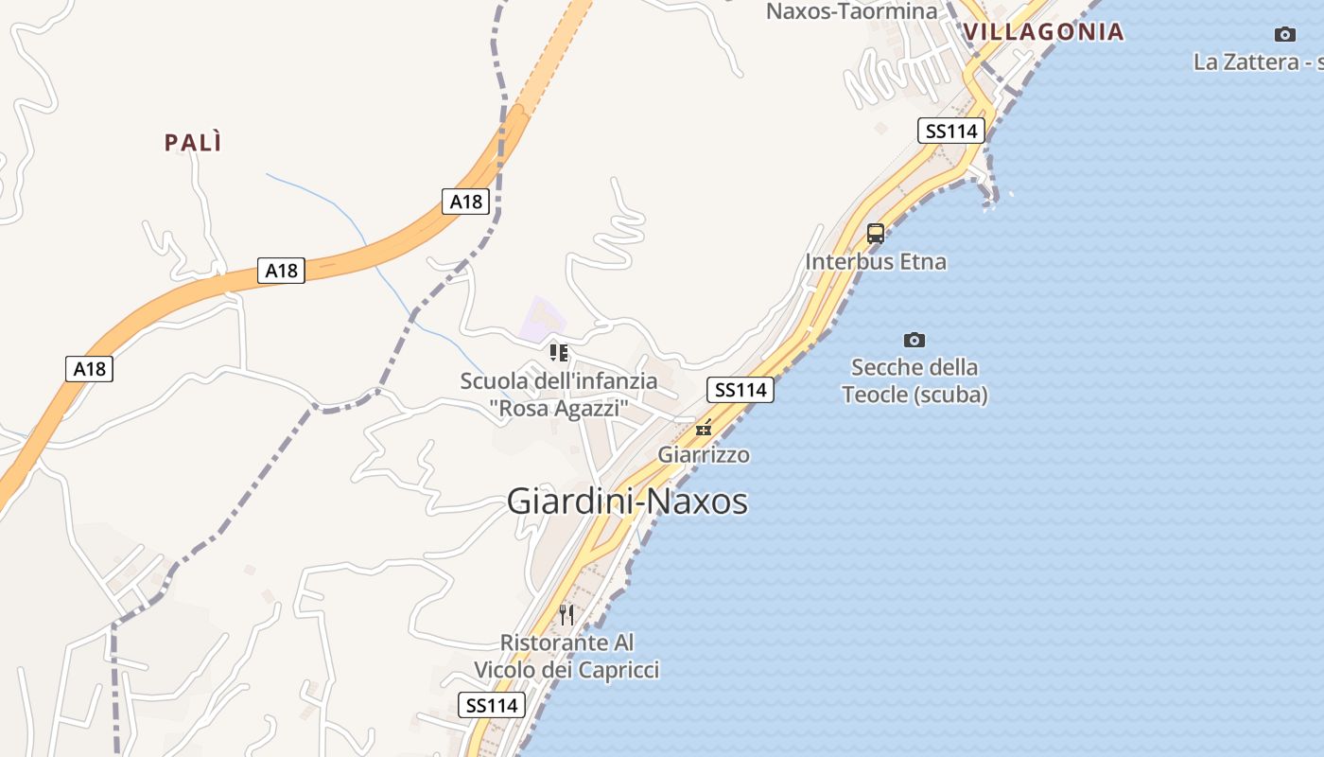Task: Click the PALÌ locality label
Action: (193, 143)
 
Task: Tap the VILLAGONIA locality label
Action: (1043, 32)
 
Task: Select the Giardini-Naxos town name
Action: (627, 502)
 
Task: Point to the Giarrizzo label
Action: (704, 455)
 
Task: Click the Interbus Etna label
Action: (876, 262)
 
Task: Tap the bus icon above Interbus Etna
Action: (876, 233)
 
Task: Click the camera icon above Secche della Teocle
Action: (914, 340)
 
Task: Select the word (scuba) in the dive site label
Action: (950, 395)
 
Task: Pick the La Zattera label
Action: (1257, 62)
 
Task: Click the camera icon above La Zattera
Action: (1284, 35)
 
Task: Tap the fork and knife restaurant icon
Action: (566, 615)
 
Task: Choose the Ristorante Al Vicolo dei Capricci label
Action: (566, 656)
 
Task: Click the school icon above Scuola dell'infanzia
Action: (559, 353)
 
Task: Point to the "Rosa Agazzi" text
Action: (559, 409)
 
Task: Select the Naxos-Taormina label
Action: (851, 11)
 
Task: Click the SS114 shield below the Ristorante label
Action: (492, 705)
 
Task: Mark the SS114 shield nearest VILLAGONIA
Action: (950, 131)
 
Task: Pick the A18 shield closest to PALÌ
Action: (281, 271)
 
